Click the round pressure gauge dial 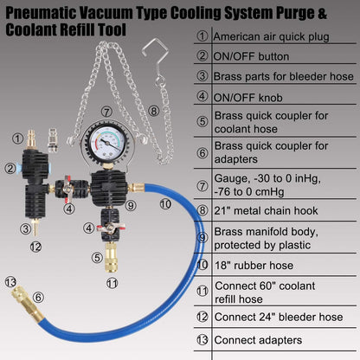pos(107,142)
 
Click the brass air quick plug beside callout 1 pos(31,139)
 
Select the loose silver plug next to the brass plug pos(52,140)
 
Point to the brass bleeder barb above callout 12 pos(35,227)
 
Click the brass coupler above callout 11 pos(111,257)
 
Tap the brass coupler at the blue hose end pos(27,304)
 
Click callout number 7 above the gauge pos(106,112)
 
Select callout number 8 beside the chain pos(153,111)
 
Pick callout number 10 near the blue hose pos(165,204)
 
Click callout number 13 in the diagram pos(10,282)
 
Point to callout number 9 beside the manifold pos(131,205)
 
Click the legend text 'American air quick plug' pos(271,36)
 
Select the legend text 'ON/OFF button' pos(251,56)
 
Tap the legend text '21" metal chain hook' pos(266,210)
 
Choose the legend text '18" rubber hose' pos(254,265)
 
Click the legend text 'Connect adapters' pos(258,340)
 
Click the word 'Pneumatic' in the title pos(41,13)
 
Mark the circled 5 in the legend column pos(202,121)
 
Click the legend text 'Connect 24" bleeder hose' pos(279,317)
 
